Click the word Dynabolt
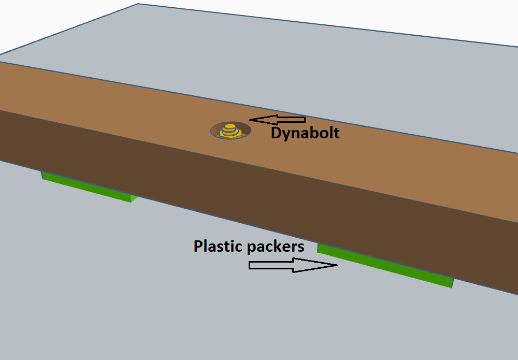click(x=305, y=133)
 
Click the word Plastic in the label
click(x=218, y=246)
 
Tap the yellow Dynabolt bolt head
click(x=231, y=126)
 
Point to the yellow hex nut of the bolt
click(x=231, y=133)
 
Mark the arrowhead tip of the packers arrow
click(x=337, y=265)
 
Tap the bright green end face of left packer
click(x=134, y=198)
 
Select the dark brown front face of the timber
click(x=259, y=207)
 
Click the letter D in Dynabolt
click(x=276, y=133)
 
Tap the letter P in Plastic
click(x=197, y=246)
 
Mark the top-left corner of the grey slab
click(x=138, y=4)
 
